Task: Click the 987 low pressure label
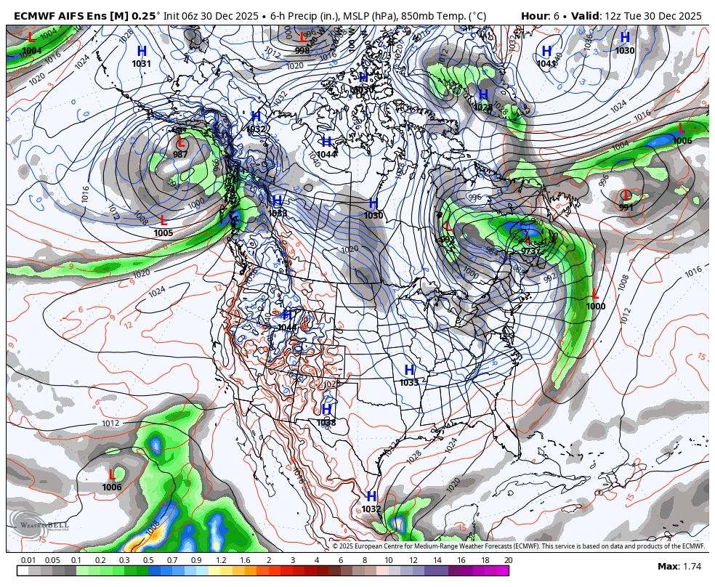click(x=180, y=154)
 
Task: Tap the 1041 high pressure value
click(x=546, y=64)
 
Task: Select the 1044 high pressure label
click(x=326, y=154)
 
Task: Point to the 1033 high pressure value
click(x=409, y=382)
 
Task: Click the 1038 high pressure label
click(x=326, y=422)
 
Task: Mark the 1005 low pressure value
click(x=163, y=233)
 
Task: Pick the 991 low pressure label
click(x=626, y=208)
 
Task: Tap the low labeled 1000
click(x=595, y=307)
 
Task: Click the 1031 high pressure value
click(x=142, y=64)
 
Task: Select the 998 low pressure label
click(x=302, y=50)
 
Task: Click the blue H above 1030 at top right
click(x=625, y=38)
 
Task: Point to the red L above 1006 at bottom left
click(x=112, y=474)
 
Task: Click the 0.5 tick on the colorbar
click(x=148, y=560)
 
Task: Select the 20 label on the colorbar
click(x=508, y=560)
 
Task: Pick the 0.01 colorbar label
click(x=28, y=560)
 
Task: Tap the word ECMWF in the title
click(x=35, y=16)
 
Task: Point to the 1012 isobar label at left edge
click(x=110, y=423)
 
